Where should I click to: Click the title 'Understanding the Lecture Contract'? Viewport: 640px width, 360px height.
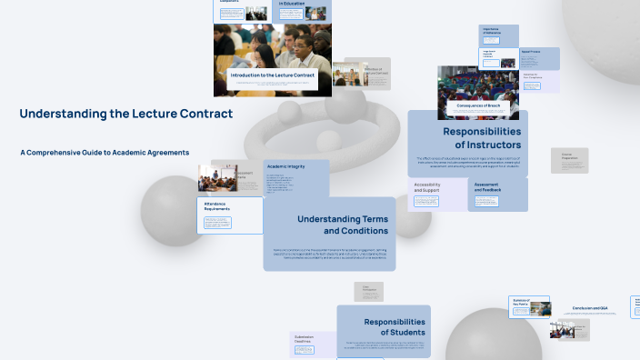pyautogui.click(x=126, y=114)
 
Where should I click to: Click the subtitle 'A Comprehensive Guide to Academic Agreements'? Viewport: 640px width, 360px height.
pyautogui.click(x=105, y=152)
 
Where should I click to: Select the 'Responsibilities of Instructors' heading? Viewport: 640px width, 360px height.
pyautogui.click(x=468, y=138)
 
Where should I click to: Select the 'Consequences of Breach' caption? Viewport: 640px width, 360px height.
pyautogui.click(x=479, y=106)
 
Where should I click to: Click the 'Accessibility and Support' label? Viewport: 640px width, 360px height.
pyautogui.click(x=427, y=188)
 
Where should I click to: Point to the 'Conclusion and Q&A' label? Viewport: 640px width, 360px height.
pyautogui.click(x=590, y=308)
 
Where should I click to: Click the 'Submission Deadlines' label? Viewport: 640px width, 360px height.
pyautogui.click(x=304, y=339)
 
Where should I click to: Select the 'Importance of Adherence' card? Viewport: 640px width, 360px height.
pyautogui.click(x=491, y=34)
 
